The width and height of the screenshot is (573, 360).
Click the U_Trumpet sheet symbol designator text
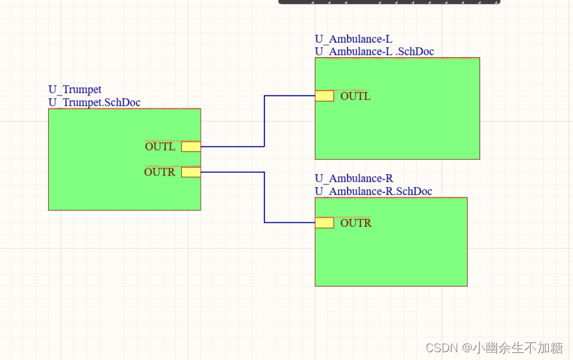pyautogui.click(x=75, y=90)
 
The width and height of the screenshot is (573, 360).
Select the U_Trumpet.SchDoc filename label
pyautogui.click(x=94, y=103)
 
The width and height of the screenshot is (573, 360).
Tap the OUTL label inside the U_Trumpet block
pyautogui.click(x=160, y=147)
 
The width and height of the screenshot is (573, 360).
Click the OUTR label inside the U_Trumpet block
pyautogui.click(x=160, y=172)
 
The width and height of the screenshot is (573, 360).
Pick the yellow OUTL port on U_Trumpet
pyautogui.click(x=191, y=147)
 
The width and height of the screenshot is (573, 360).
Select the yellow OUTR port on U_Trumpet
pyautogui.click(x=191, y=172)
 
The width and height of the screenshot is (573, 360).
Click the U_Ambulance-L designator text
pyautogui.click(x=353, y=39)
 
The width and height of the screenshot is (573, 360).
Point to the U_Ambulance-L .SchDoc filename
pyautogui.click(x=374, y=51)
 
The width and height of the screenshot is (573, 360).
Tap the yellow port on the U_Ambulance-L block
pyautogui.click(x=324, y=96)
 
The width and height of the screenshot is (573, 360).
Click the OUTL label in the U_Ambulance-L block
pyautogui.click(x=355, y=96)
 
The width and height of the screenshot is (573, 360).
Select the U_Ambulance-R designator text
pyautogui.click(x=354, y=179)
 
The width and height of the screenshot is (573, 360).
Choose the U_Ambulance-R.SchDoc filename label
pyautogui.click(x=374, y=191)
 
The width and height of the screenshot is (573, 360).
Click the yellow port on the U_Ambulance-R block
pyautogui.click(x=324, y=223)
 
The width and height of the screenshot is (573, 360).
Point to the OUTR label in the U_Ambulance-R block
pyautogui.click(x=356, y=223)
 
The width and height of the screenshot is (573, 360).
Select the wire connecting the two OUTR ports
pyautogui.click(x=264, y=198)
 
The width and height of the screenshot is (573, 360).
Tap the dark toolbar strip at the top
pyautogui.click(x=390, y=2)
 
